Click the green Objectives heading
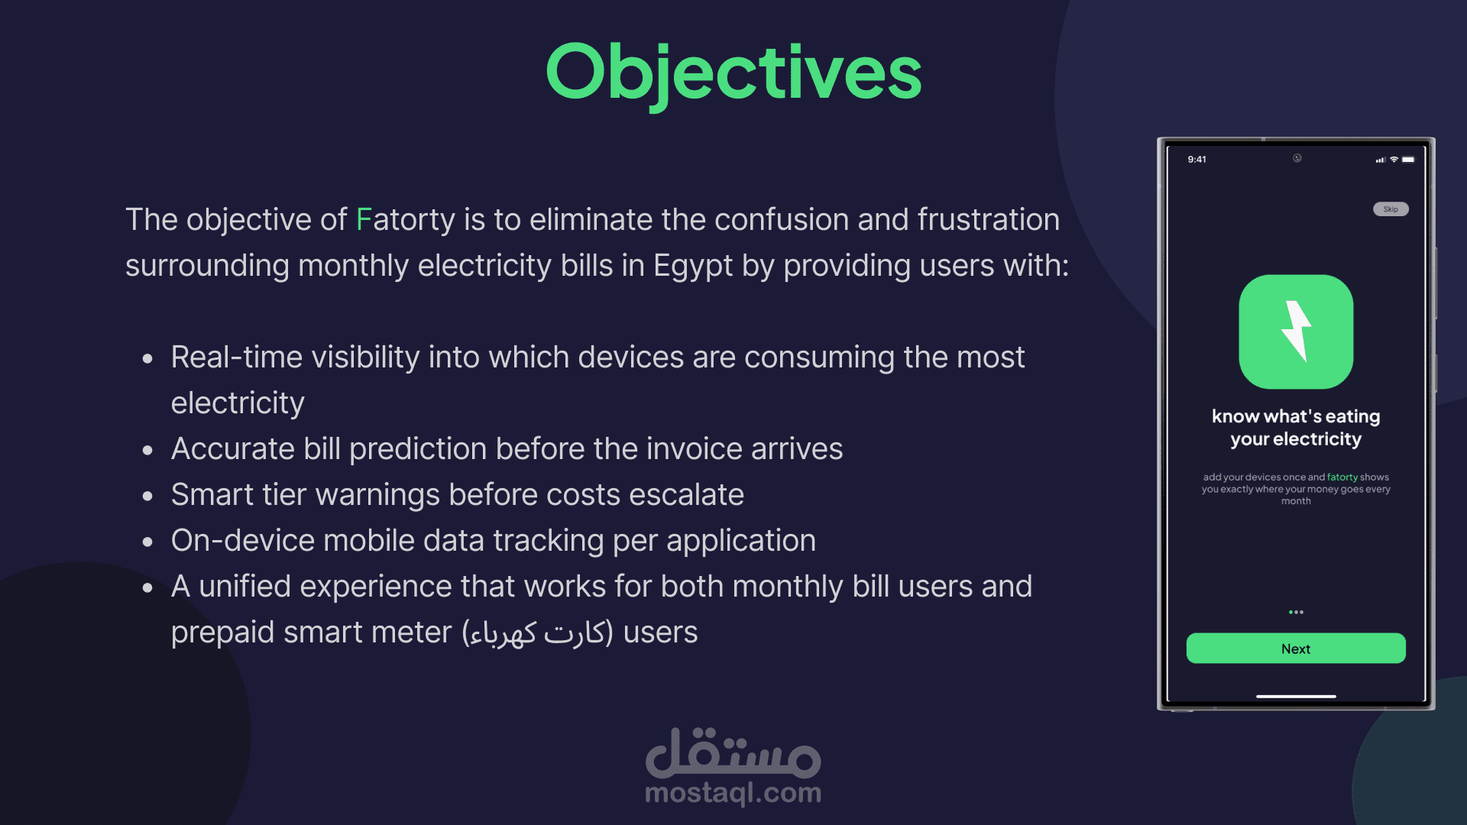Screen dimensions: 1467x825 [x=733, y=73]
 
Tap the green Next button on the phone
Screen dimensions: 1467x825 [x=1296, y=649]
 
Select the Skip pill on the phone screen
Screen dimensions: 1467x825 [x=1391, y=209]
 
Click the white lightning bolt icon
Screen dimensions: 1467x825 [x=1296, y=331]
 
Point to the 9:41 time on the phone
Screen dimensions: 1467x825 [x=1197, y=160]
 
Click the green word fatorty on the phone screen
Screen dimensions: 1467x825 [x=1342, y=477]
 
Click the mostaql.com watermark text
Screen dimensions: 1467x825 [x=733, y=794]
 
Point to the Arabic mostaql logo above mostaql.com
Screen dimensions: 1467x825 [x=733, y=751]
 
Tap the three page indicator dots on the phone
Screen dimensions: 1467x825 [x=1296, y=613]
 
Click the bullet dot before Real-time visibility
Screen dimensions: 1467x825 [x=147, y=358]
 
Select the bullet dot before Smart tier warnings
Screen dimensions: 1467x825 [x=147, y=496]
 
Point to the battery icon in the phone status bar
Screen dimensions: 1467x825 [x=1408, y=160]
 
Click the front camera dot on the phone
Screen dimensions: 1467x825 [x=1297, y=158]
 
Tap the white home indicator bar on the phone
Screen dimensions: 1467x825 [x=1296, y=697]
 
